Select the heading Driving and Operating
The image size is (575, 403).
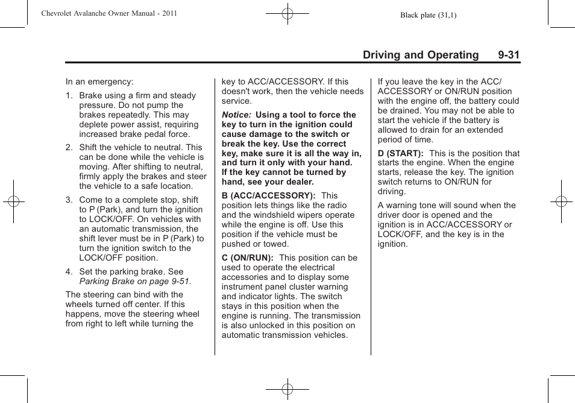pyautogui.click(x=420, y=55)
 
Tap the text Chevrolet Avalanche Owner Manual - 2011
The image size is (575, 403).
pyautogui.click(x=108, y=13)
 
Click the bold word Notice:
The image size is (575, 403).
pyautogui.click(x=236, y=115)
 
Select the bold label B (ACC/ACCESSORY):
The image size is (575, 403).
pyautogui.click(x=268, y=195)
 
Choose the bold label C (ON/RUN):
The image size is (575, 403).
pyautogui.click(x=247, y=258)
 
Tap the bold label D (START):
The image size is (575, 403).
pyautogui.click(x=400, y=153)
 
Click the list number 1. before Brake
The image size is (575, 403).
pyautogui.click(x=69, y=95)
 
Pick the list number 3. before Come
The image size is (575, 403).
pyautogui.click(x=69, y=200)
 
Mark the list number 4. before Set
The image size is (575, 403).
pyautogui.click(x=69, y=271)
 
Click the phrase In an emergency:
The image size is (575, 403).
pyautogui.click(x=99, y=81)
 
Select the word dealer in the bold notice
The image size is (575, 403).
pyautogui.click(x=299, y=182)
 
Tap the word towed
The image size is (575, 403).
pyautogui.click(x=275, y=244)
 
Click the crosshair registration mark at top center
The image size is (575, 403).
pyautogui.click(x=287, y=13)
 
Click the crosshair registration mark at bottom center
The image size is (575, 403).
pyautogui.click(x=287, y=389)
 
